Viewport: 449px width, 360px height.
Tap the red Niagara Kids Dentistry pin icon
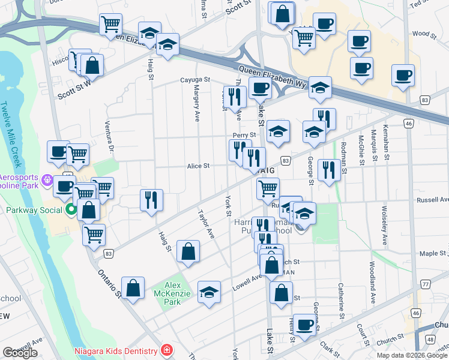point(167,351)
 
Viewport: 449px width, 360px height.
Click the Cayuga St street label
point(194,79)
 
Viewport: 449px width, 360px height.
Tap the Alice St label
point(197,166)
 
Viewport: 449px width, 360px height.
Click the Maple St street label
point(433,254)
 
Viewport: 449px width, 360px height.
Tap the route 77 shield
point(426,284)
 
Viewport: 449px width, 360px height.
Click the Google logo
point(20,353)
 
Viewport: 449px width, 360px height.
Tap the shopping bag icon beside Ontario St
point(133,287)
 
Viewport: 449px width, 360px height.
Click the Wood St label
point(421,34)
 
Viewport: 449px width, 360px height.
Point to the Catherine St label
point(340,300)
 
